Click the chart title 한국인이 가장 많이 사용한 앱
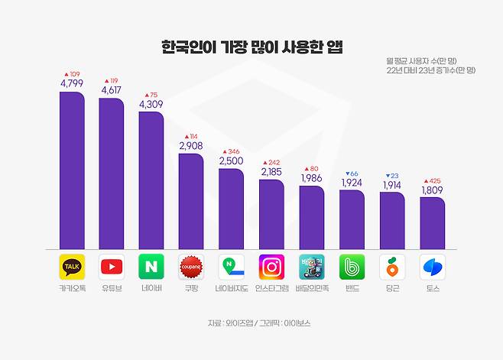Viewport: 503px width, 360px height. tap(251, 47)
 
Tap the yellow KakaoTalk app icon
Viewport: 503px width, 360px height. tap(72, 267)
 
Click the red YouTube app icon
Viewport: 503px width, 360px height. tap(112, 267)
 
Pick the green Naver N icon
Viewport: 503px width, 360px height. tap(151, 267)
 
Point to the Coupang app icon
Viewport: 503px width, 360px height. tap(191, 267)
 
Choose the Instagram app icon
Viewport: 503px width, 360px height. tap(271, 267)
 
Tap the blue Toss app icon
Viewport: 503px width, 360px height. tap(432, 267)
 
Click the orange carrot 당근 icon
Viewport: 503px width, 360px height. tap(391, 267)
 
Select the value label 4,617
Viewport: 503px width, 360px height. tap(112, 91)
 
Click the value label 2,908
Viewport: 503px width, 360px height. tap(191, 146)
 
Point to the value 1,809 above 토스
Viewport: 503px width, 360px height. tap(432, 190)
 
